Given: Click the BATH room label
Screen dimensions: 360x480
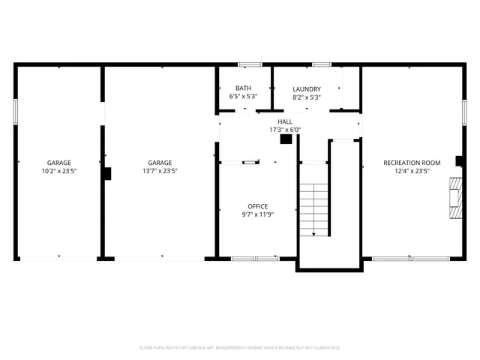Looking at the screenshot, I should click(x=243, y=88).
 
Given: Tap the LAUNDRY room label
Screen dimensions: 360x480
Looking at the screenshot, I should click(x=306, y=88).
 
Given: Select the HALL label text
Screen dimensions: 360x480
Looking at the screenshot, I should click(x=285, y=121).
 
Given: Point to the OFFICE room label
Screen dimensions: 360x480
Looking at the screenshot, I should click(x=257, y=206).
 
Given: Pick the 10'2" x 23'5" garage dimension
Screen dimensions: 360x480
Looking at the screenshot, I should click(x=59, y=171).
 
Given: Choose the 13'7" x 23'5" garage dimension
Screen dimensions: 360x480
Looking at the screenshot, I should click(x=159, y=171).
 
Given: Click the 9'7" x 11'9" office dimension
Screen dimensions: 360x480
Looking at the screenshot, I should click(x=257, y=215).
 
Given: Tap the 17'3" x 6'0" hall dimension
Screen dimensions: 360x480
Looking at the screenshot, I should click(x=285, y=129).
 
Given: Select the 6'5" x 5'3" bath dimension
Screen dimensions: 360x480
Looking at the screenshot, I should click(x=243, y=97).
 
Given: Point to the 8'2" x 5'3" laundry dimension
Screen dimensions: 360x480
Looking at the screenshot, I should click(x=306, y=97).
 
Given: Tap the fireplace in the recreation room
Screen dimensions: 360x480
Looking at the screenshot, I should click(x=454, y=196).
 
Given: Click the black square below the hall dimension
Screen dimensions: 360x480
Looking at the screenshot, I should click(x=286, y=139).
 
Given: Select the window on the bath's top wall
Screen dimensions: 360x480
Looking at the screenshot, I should click(x=249, y=64).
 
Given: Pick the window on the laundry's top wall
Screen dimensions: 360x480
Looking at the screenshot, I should click(x=322, y=64).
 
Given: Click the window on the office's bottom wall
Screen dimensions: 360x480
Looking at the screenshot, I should click(x=255, y=259).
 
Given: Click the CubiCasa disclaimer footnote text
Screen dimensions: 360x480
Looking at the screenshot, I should click(x=240, y=347).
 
